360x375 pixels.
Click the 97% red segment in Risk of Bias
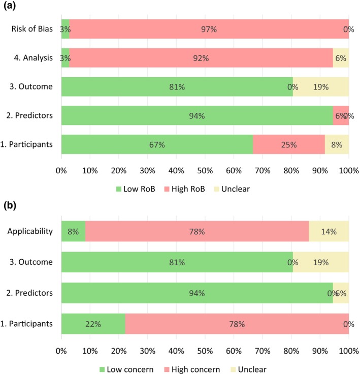(x=209, y=29)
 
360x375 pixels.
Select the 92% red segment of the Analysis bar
(x=201, y=58)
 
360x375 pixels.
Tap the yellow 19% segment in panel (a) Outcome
(x=321, y=87)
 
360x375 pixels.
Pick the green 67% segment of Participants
(x=157, y=144)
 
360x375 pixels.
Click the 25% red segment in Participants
(x=289, y=144)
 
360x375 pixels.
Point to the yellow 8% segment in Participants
(x=337, y=144)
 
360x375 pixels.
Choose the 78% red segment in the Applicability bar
(x=197, y=231)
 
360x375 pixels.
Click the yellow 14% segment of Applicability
(x=329, y=231)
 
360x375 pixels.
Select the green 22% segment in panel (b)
(x=93, y=324)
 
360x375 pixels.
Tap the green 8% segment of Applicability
(x=74, y=231)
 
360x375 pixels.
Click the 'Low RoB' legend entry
(x=136, y=189)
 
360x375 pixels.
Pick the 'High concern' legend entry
(x=192, y=369)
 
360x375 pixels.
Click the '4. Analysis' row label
(x=33, y=58)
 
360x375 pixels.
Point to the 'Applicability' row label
(x=30, y=231)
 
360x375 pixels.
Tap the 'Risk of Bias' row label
(x=32, y=28)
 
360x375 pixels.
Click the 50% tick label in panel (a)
(x=205, y=171)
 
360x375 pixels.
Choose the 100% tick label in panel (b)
(x=349, y=351)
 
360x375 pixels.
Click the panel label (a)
(x=10, y=5)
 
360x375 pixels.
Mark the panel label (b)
(x=10, y=205)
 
